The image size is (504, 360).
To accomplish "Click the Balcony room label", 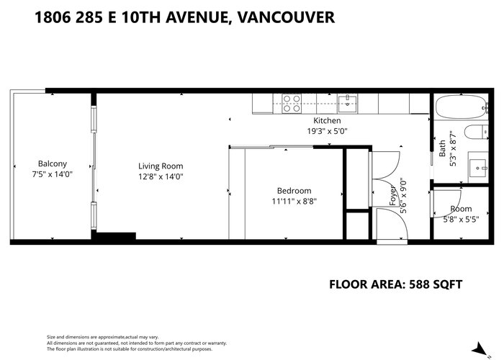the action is [53, 163].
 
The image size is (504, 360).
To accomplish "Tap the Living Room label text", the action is [161, 166].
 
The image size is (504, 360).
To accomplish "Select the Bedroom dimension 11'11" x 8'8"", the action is [294, 202].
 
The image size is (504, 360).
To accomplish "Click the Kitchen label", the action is [327, 120].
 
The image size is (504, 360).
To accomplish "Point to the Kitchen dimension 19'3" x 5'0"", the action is [327, 131].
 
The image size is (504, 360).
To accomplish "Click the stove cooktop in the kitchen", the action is [292, 104].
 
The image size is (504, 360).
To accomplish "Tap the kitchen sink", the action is [348, 103].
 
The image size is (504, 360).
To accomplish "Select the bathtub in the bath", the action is [462, 107].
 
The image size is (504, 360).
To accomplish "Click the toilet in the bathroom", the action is [476, 132].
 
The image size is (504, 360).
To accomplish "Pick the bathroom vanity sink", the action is [478, 168].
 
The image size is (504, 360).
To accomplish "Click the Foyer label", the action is [393, 195].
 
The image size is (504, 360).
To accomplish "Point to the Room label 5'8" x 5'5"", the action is [461, 214].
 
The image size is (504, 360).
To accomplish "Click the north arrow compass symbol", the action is [480, 349].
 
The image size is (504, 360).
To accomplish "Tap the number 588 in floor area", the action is [419, 284].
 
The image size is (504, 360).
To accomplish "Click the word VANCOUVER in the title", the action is [285, 17].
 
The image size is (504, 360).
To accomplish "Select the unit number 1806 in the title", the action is [53, 17].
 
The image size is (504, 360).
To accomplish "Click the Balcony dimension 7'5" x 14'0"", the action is [53, 174].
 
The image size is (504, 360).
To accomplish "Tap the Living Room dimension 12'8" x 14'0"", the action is [161, 177].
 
